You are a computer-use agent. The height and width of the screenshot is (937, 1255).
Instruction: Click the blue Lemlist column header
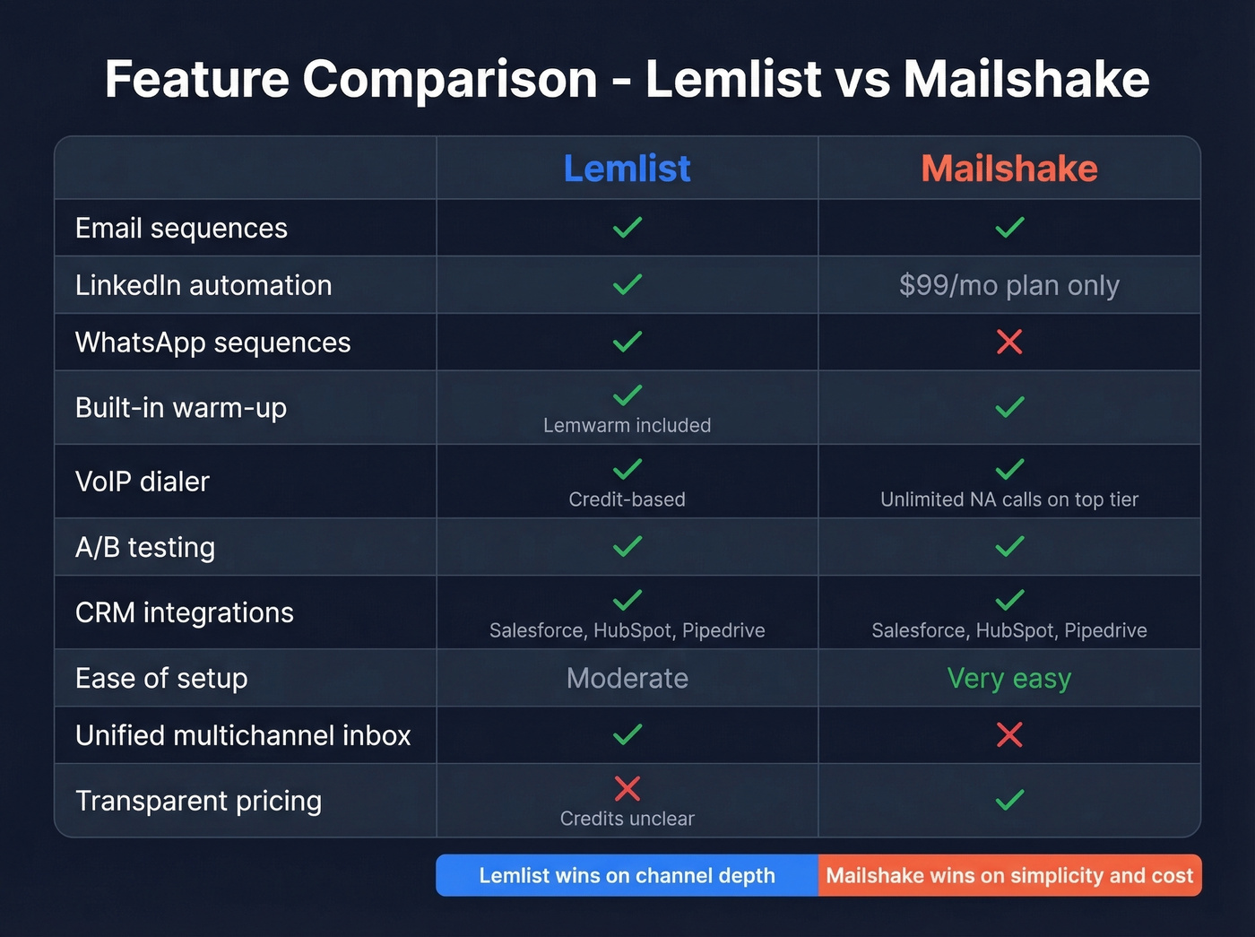tap(627, 169)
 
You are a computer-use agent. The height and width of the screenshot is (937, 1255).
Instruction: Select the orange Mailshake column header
tap(1008, 169)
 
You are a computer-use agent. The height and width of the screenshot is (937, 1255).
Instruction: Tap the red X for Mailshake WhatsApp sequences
tap(1009, 342)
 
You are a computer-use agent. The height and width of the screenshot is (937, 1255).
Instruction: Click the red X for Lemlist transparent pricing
tap(627, 788)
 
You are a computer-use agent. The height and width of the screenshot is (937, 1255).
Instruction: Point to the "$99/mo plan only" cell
tap(1008, 285)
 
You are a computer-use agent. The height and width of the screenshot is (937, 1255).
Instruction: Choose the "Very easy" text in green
tap(1008, 679)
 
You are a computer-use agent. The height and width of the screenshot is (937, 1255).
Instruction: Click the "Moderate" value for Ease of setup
tap(627, 679)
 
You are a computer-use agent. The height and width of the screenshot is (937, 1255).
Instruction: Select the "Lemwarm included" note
tap(627, 425)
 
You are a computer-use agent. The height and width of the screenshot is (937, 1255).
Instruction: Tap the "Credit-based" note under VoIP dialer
tap(627, 499)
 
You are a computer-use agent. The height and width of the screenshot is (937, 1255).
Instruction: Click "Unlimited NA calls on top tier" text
tap(1008, 499)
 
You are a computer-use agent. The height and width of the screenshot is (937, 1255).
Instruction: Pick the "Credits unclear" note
tap(627, 819)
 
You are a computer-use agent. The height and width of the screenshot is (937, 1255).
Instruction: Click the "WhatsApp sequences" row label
tap(212, 343)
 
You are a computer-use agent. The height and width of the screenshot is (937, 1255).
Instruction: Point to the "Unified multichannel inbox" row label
tap(243, 735)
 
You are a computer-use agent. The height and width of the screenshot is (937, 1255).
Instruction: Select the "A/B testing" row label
tap(145, 547)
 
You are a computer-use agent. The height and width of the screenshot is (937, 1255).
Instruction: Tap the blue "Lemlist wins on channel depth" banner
tap(627, 875)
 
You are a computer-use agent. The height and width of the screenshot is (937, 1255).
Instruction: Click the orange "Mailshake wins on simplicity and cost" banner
tap(1009, 875)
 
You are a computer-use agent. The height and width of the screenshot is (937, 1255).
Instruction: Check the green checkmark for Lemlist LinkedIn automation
tap(627, 284)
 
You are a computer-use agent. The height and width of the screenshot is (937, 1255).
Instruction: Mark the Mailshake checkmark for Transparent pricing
tap(1009, 799)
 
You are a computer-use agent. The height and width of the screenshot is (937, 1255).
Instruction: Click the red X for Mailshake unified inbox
tap(1009, 735)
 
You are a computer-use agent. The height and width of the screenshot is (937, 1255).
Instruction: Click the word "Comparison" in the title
tap(449, 79)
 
